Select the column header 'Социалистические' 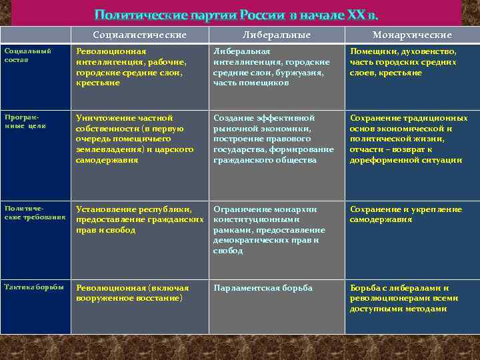click(x=140, y=35)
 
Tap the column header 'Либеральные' click(x=275, y=35)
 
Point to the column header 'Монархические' click(x=412, y=35)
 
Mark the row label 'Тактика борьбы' click(x=34, y=287)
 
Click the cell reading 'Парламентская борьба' click(x=263, y=288)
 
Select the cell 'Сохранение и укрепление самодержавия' click(x=405, y=214)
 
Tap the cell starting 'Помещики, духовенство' click(x=403, y=62)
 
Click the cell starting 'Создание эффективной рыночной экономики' click(x=273, y=139)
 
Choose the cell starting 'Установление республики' click(x=139, y=219)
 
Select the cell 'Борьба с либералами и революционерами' click(x=405, y=298)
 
